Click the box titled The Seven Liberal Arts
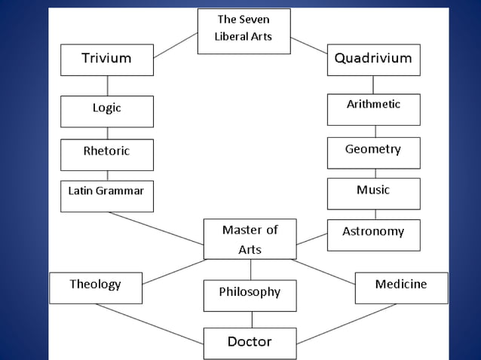click(244, 30)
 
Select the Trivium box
click(106, 59)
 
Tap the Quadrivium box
click(373, 59)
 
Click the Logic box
click(106, 111)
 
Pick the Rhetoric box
click(106, 154)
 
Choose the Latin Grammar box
click(106, 195)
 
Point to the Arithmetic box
click(373, 108)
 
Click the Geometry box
click(373, 152)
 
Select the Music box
click(373, 193)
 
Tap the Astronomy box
click(373, 234)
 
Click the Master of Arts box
click(250, 239)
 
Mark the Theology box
click(95, 287)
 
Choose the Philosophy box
click(250, 294)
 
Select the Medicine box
click(400, 287)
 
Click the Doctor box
click(250, 343)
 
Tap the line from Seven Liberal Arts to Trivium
click(175, 44)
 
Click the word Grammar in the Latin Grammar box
click(119, 191)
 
